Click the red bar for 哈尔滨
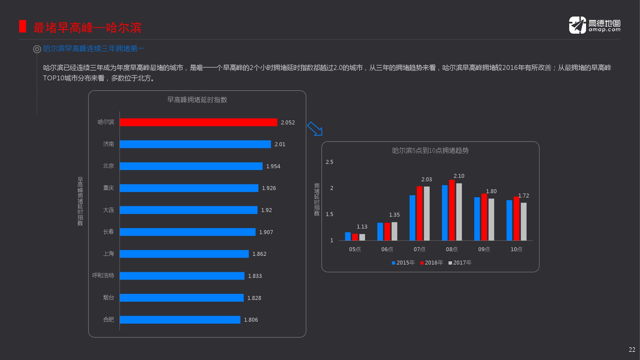[198, 122]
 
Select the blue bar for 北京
[191, 166]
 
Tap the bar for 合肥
[180, 319]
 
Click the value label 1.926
[269, 188]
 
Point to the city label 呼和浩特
[103, 275]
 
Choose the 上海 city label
[109, 254]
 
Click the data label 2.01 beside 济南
[280, 144]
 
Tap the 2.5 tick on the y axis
[329, 162]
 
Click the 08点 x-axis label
[452, 249]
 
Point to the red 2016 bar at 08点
[452, 210]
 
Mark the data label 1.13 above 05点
[362, 227]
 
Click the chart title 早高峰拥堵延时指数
[197, 100]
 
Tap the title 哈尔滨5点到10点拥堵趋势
[430, 151]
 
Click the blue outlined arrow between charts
[315, 129]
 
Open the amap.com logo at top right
[595, 25]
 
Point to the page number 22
[632, 350]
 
